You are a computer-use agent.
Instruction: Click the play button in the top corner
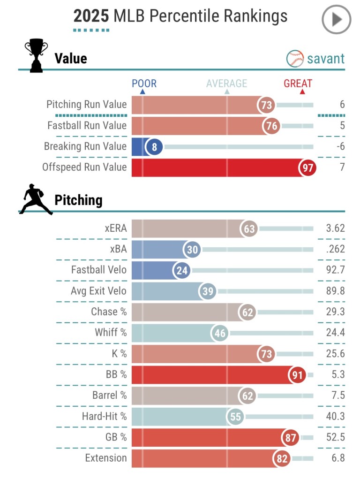click(x=336, y=20)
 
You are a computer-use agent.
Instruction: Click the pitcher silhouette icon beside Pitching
click(x=36, y=200)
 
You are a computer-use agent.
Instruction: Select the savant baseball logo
click(x=295, y=59)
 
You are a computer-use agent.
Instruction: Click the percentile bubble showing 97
click(x=307, y=168)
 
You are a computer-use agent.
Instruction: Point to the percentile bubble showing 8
click(x=154, y=147)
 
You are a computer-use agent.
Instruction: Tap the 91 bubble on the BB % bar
click(x=296, y=375)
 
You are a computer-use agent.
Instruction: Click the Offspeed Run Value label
click(x=84, y=167)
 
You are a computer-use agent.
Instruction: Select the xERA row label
click(x=115, y=229)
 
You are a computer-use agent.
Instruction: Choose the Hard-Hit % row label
click(x=104, y=416)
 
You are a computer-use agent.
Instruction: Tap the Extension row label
click(x=106, y=457)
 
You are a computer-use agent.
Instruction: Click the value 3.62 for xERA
click(x=335, y=229)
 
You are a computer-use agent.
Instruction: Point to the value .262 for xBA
click(x=335, y=250)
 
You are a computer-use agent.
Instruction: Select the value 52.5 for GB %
click(x=335, y=437)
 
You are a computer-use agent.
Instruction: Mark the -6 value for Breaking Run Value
click(x=340, y=146)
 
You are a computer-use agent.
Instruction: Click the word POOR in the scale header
click(x=144, y=84)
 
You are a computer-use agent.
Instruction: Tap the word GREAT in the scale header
click(x=298, y=84)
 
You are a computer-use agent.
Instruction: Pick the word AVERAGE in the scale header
click(x=226, y=84)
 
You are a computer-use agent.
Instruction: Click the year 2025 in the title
click(x=91, y=16)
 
